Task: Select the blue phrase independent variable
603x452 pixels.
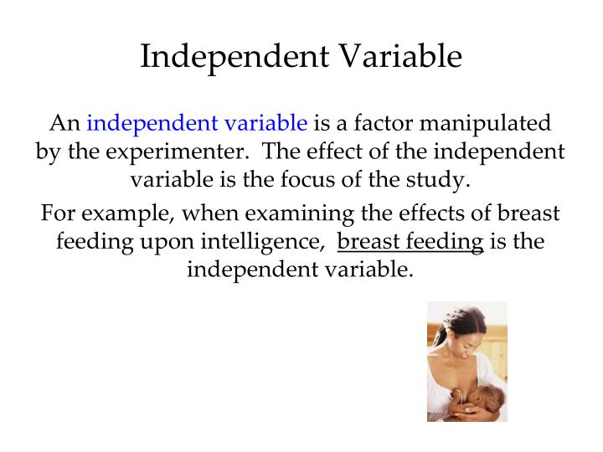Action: click(x=197, y=124)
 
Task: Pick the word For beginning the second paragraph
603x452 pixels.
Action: click(x=58, y=213)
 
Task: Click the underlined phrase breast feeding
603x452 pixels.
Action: click(x=410, y=242)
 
